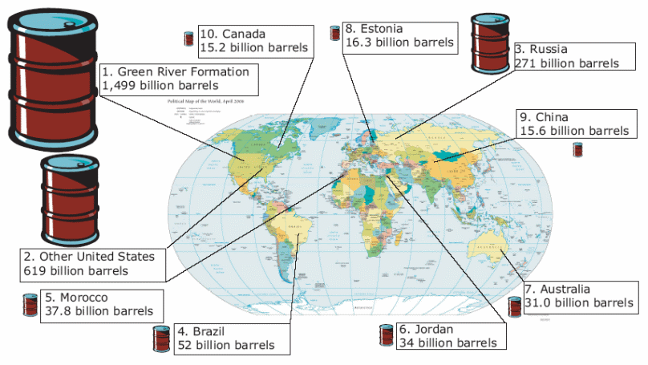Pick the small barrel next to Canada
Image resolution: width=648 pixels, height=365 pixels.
(x=189, y=39)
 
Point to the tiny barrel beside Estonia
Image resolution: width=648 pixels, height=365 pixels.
(x=335, y=33)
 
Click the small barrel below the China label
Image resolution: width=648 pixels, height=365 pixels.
(x=577, y=149)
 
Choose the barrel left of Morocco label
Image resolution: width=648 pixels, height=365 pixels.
(x=30, y=305)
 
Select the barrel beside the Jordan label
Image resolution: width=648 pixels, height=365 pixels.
(x=387, y=335)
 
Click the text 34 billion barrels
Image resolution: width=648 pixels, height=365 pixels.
(x=448, y=343)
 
